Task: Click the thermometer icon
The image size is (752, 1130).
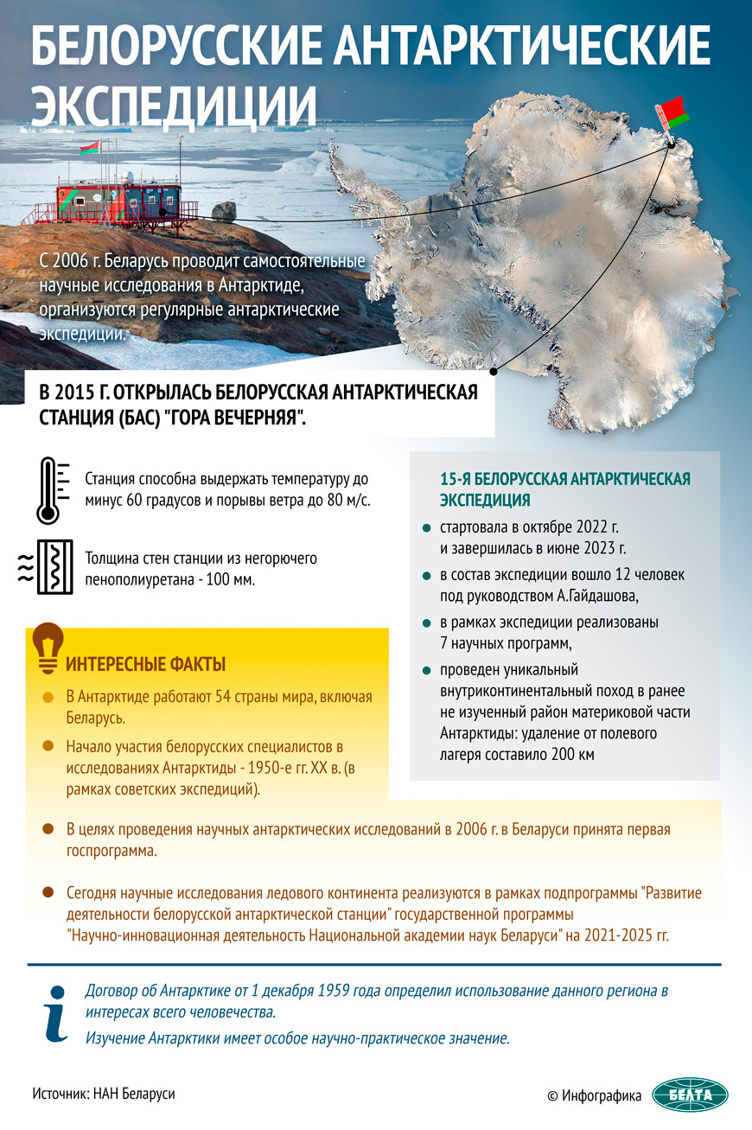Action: tap(48, 491)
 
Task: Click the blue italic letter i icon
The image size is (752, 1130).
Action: tap(56, 1012)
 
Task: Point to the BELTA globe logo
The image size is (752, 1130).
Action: tap(690, 1095)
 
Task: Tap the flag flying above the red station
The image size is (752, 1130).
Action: tap(89, 150)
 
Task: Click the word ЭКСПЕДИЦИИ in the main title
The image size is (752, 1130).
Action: tap(174, 105)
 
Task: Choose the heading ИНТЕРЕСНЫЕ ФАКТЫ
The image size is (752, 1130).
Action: tap(146, 664)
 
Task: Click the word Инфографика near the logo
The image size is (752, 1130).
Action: tap(602, 1095)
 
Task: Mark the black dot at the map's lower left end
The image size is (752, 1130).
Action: tap(493, 372)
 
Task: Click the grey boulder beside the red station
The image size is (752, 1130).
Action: tap(224, 210)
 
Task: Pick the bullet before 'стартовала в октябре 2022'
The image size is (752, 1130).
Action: tap(425, 527)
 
